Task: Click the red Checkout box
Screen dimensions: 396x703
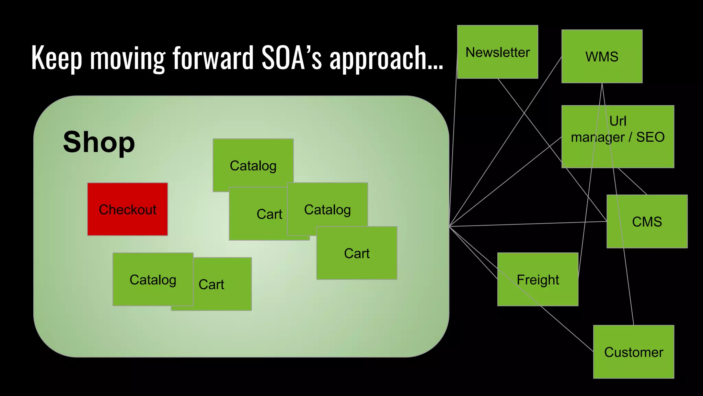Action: click(x=127, y=209)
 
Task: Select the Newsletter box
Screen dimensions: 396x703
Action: click(x=497, y=52)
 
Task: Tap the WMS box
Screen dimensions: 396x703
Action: click(x=602, y=56)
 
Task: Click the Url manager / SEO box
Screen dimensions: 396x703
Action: click(x=618, y=136)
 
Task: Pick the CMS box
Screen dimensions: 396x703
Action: click(x=647, y=221)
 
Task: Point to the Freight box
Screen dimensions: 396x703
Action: click(x=538, y=279)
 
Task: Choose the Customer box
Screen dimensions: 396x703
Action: click(x=633, y=352)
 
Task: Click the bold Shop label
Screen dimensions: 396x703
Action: click(x=99, y=142)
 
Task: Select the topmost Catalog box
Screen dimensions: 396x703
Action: click(x=253, y=165)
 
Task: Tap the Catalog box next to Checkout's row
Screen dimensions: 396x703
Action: click(x=327, y=209)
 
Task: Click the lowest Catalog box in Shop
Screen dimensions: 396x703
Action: click(x=153, y=279)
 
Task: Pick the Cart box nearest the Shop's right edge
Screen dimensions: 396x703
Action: click(x=357, y=253)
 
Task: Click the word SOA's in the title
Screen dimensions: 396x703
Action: click(x=291, y=58)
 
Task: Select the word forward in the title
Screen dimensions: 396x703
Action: click(x=213, y=58)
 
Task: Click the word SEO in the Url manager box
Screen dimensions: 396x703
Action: click(x=650, y=137)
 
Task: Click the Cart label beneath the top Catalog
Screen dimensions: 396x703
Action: click(x=269, y=214)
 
